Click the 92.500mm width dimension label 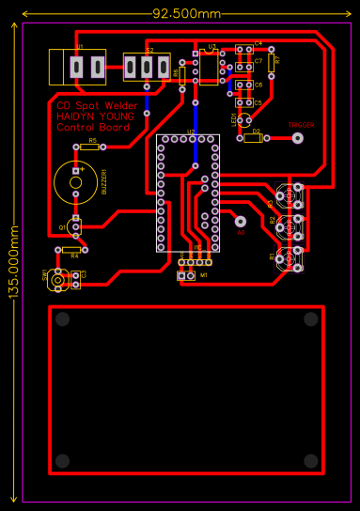tap(187, 13)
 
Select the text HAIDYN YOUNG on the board tap(94, 116)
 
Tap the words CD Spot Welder tap(96, 106)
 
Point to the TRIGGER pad tap(298, 137)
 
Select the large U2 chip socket tap(188, 193)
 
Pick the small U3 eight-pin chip tap(209, 68)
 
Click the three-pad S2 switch tap(147, 67)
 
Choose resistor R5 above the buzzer tap(89, 147)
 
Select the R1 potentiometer tap(288, 256)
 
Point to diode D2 tap(253, 138)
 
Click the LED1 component tap(244, 119)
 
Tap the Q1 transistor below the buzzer tap(73, 226)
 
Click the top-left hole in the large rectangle tap(62, 319)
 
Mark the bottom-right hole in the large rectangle tap(310, 460)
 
